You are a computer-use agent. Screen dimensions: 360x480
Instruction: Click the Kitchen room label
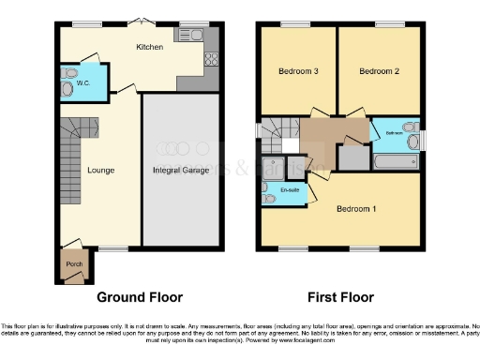pyautogui.click(x=149, y=47)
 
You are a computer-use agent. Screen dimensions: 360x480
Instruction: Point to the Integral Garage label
pyautogui.click(x=181, y=171)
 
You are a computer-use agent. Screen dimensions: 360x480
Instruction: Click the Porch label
pyautogui.click(x=74, y=264)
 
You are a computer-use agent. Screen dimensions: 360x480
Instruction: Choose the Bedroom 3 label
pyautogui.click(x=299, y=71)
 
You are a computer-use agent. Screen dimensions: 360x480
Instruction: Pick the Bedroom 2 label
pyautogui.click(x=379, y=71)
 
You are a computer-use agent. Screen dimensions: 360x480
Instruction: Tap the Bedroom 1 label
pyautogui.click(x=356, y=208)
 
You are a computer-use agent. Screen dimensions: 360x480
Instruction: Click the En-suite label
pyautogui.click(x=291, y=191)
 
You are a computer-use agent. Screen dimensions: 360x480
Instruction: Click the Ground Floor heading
pyautogui.click(x=140, y=297)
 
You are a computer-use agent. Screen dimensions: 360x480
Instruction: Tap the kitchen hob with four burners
pyautogui.click(x=210, y=64)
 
